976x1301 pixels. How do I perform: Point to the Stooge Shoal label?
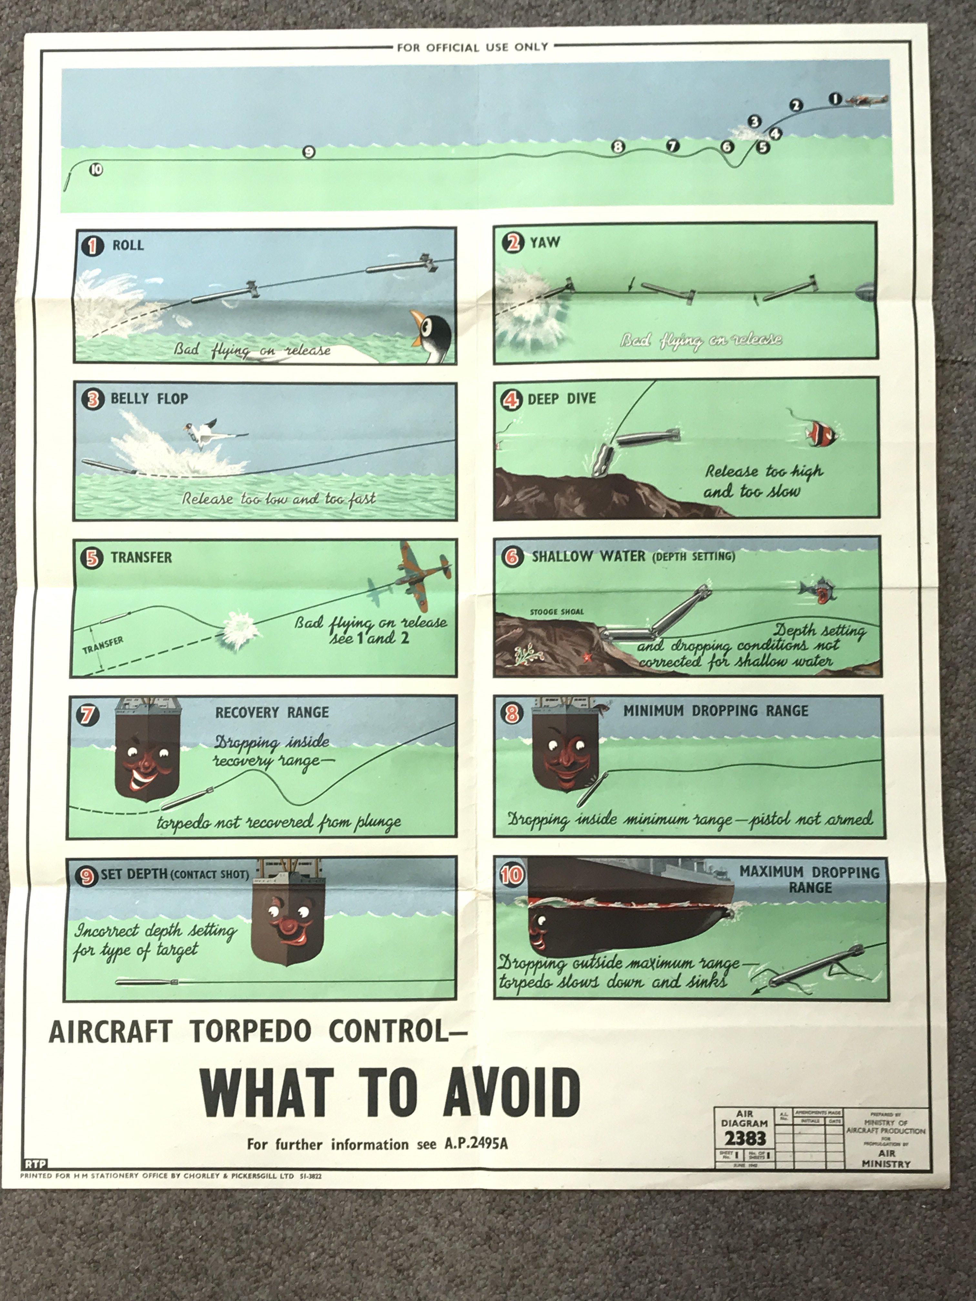coord(556,612)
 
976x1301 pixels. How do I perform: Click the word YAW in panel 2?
coord(545,242)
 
